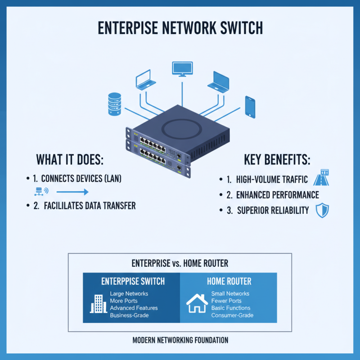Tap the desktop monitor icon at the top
pos(182,69)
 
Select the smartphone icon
pos(250,106)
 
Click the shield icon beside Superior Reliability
pos(322,211)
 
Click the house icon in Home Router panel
pos(197,303)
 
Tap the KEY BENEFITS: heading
pos(277,160)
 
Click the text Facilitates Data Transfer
pos(90,206)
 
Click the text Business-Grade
pos(129,315)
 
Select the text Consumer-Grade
pos(232,315)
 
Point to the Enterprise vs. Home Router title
pos(180,263)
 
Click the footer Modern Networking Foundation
pos(180,340)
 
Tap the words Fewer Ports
pos(226,301)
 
